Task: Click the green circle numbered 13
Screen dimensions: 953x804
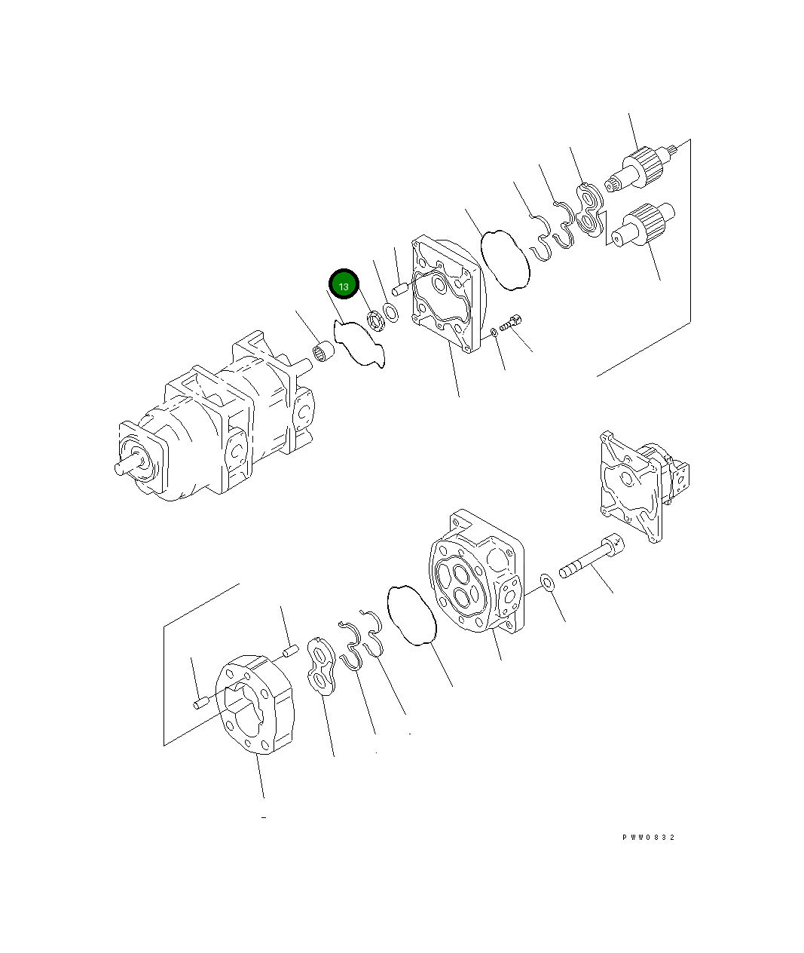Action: pyautogui.click(x=344, y=286)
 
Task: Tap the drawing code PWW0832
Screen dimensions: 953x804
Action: pyautogui.click(x=648, y=838)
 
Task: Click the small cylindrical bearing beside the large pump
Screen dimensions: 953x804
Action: pyautogui.click(x=323, y=351)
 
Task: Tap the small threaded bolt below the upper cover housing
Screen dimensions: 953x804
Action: pyautogui.click(x=512, y=323)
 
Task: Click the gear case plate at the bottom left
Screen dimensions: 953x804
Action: pyautogui.click(x=254, y=705)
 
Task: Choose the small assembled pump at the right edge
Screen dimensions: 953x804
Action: pyautogui.click(x=640, y=483)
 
